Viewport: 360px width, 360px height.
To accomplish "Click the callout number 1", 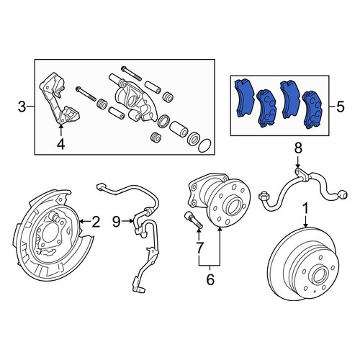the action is point(306,209).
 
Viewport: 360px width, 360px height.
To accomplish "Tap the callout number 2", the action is point(96,222).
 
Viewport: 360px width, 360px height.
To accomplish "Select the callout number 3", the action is point(22,107).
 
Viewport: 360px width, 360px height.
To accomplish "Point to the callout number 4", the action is point(61,145).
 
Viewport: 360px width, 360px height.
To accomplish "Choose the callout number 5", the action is point(341,107).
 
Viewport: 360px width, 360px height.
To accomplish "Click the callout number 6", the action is point(210,279).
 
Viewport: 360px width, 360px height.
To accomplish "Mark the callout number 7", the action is point(199,248).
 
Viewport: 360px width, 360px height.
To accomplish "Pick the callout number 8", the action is point(298,148).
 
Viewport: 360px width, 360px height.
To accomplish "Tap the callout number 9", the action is point(117,222).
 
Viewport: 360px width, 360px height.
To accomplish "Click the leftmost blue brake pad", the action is point(243,99).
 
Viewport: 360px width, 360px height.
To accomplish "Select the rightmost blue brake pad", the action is point(312,109).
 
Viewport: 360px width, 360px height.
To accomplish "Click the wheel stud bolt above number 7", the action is point(194,220).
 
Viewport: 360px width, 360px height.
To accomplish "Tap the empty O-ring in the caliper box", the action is point(204,145).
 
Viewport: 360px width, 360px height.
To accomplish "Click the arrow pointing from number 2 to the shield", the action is point(85,222).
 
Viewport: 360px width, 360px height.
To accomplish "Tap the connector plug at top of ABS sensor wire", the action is point(101,186).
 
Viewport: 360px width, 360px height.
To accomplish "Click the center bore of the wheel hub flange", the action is point(232,206).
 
